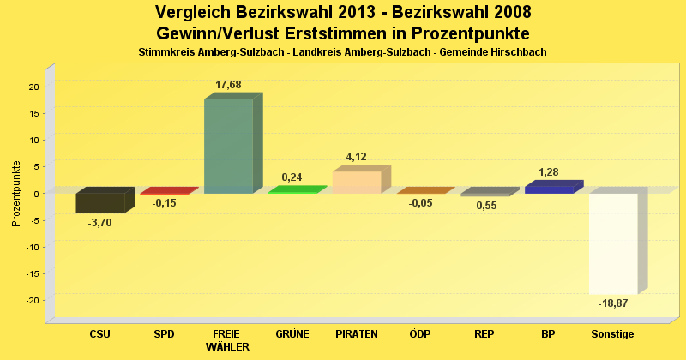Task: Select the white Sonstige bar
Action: point(613,243)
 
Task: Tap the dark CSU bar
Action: point(100,203)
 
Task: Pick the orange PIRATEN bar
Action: point(356,182)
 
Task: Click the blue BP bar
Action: point(549,189)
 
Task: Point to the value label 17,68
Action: point(228,84)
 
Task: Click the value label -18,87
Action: point(612,303)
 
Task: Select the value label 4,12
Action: point(356,157)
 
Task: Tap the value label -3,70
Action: point(100,223)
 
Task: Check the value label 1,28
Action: point(549,172)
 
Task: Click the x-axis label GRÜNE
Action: point(292,334)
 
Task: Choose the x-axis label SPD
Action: point(164,334)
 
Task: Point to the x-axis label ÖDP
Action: point(420,334)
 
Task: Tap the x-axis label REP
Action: point(484,334)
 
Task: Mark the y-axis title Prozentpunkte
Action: point(16,193)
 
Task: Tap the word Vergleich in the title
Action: point(193,13)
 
